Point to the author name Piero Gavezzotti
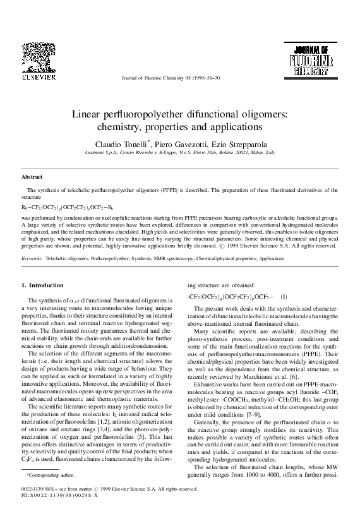[x=180, y=144]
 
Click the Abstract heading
[x=32, y=177]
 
